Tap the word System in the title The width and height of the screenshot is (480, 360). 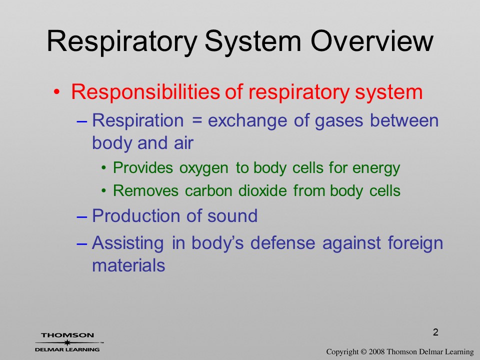(253, 42)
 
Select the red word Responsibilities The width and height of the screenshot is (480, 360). (145, 92)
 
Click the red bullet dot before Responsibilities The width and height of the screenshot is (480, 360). (56, 92)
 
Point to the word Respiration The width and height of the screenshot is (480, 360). (138, 120)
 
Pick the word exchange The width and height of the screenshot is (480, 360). (247, 120)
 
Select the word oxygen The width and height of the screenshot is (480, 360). (203, 168)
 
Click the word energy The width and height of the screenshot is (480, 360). (376, 168)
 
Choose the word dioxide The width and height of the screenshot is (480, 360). (262, 190)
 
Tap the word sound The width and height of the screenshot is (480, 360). (232, 215)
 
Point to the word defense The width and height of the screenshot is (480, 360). (283, 243)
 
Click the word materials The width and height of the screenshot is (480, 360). (128, 265)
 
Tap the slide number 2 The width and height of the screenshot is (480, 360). (435, 332)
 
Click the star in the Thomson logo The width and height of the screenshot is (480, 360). (67, 342)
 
